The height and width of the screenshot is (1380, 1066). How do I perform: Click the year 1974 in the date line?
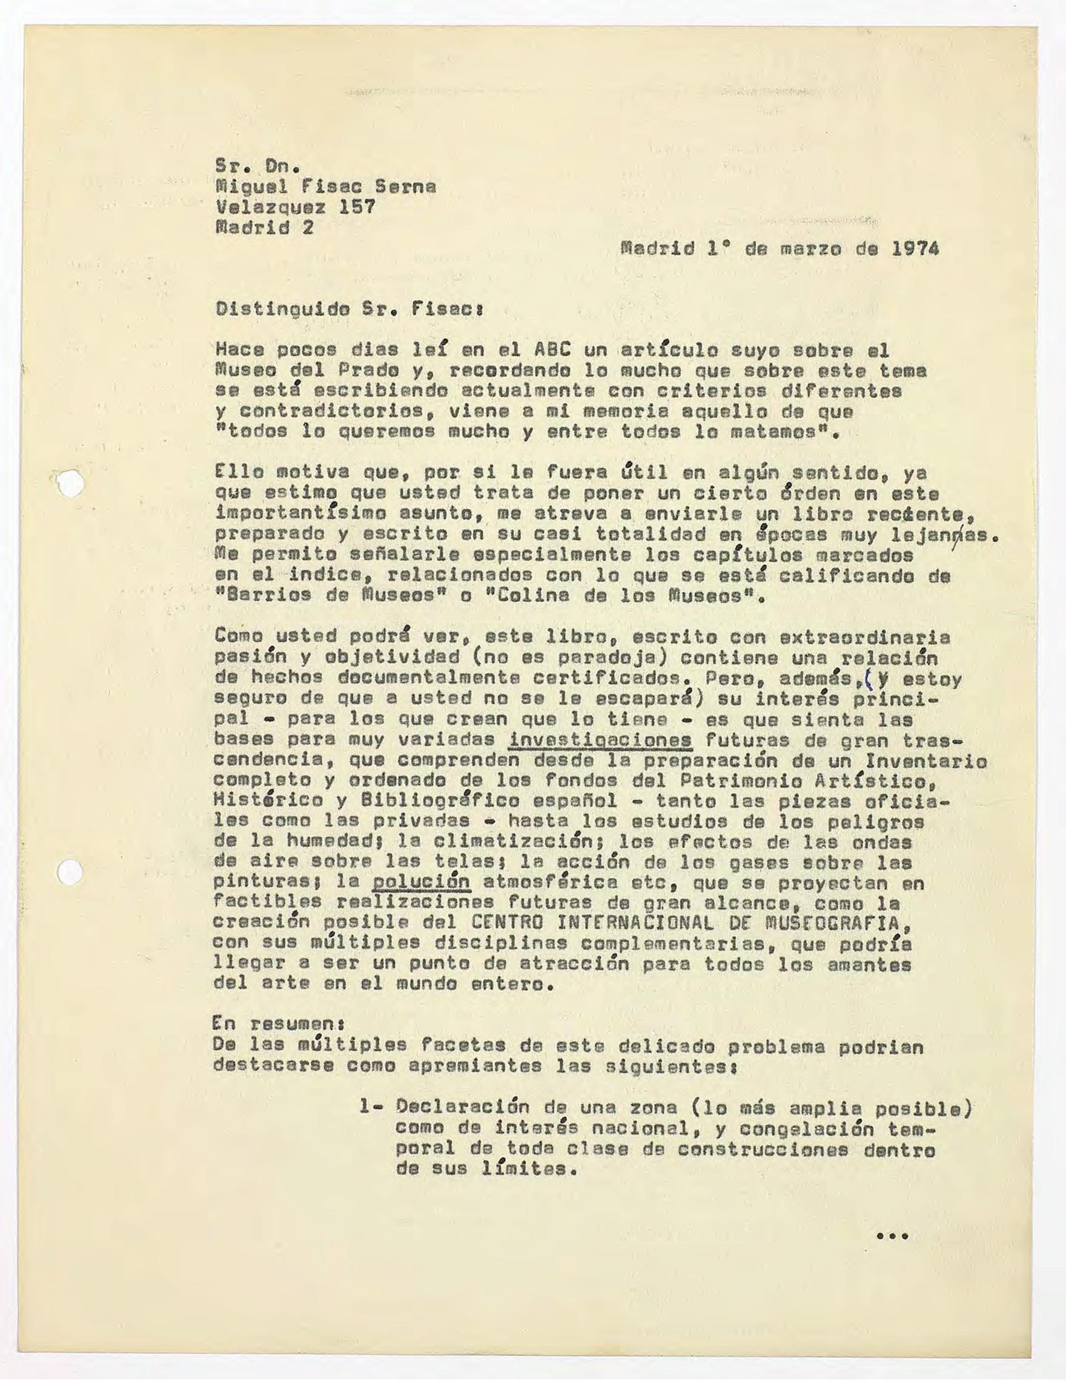tap(915, 248)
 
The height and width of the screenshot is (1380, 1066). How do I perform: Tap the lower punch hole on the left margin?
tap(70, 873)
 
